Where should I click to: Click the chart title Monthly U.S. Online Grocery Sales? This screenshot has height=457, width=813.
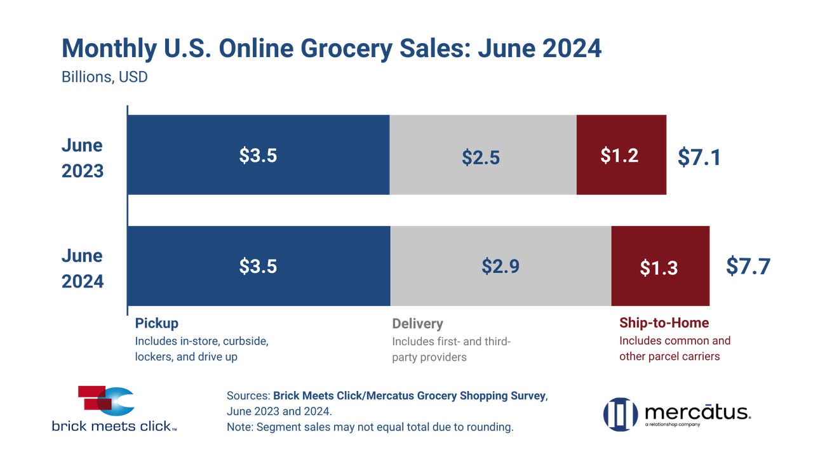[x=331, y=49]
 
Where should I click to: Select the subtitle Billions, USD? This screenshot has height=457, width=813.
[x=105, y=77]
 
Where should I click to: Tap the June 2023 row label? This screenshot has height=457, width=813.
[x=83, y=157]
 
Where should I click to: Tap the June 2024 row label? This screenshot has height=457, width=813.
[x=83, y=268]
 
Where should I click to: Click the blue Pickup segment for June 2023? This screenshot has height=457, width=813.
[x=258, y=155]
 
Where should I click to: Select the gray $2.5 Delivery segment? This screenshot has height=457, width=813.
[x=483, y=155]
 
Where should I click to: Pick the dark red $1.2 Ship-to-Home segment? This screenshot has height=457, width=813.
[x=621, y=155]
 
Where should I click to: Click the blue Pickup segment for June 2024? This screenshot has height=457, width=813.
[x=258, y=266]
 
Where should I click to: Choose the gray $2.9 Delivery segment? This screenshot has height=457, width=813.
[x=501, y=266]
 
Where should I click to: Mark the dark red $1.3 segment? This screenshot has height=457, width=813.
[x=660, y=266]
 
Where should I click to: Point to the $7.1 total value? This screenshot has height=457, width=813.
[x=699, y=157]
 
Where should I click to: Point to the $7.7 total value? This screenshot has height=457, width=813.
[x=748, y=267]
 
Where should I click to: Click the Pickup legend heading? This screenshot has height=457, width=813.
[x=156, y=323]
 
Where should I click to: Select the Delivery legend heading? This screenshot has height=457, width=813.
[x=417, y=324]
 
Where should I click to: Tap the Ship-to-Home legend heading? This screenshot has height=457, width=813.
[x=664, y=323]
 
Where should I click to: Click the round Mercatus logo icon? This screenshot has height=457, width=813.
[x=620, y=414]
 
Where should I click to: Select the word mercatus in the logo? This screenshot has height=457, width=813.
[x=697, y=412]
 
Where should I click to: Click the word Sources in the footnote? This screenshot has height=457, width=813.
[x=248, y=395]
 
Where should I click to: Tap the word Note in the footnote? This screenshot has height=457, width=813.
[x=239, y=427]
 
